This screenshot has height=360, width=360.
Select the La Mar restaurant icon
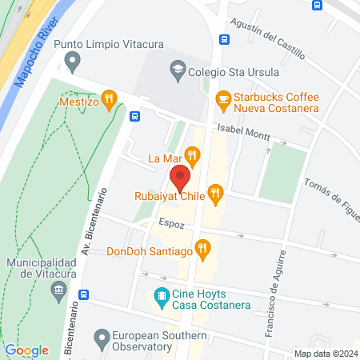pos(191,154)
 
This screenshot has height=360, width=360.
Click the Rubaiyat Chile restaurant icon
pos(214,193)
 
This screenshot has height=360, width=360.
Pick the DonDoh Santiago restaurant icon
pos(203,250)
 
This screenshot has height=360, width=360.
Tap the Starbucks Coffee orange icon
pos(224,99)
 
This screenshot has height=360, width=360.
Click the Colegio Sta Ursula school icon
pos(176,70)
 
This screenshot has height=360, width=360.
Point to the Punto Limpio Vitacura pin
pos(74,60)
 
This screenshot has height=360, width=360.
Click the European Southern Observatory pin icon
pos(102,338)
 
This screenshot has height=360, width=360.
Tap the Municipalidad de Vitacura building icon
pos(57,294)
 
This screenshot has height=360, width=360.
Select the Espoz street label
pos(171,225)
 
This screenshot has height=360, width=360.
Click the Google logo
pos(26,350)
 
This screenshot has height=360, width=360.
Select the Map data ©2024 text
pos(325,353)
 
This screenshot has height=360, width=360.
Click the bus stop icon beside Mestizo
pos(134,116)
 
